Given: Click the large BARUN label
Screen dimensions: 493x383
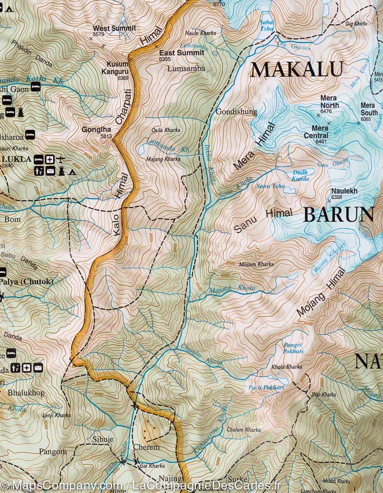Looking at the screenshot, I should pos(338,215).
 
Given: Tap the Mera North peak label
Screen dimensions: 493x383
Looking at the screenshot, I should pos(330,102).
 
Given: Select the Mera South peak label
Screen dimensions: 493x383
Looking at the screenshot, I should pos(369,109).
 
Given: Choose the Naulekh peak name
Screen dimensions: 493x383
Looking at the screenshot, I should pos(344,191).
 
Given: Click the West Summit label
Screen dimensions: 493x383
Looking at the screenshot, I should pos(109,28).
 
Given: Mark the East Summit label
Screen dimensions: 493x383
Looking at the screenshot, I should pos(181,53).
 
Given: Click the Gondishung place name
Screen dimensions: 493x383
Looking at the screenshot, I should pos(237,112).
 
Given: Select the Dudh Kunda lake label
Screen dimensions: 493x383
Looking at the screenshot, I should pos(300,176).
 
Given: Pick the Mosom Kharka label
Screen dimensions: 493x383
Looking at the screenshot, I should pos(256,265).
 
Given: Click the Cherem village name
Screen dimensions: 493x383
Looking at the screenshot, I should pos(146,447).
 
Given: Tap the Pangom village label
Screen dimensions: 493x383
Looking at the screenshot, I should pos(53,452).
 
